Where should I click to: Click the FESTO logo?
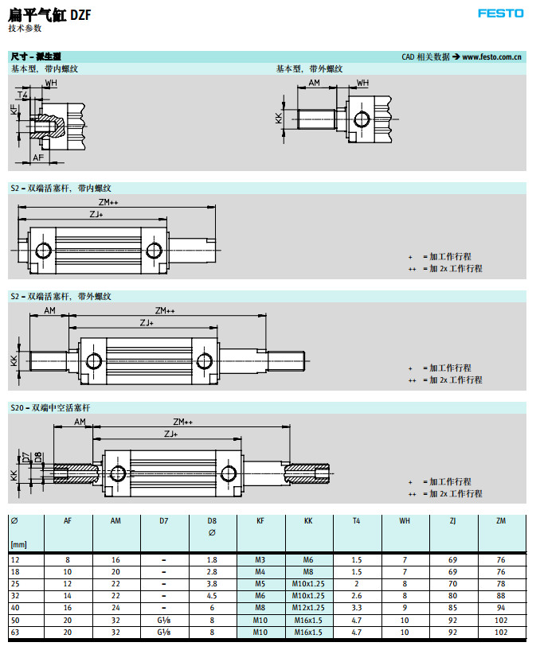[x=501, y=14]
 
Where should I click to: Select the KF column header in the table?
[x=260, y=520]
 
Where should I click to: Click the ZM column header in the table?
[x=500, y=520]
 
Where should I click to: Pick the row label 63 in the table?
[x=15, y=633]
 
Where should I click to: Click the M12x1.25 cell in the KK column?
[x=308, y=608]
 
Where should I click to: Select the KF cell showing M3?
[x=260, y=560]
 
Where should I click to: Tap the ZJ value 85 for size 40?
[x=453, y=608]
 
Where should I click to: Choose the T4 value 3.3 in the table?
[x=356, y=608]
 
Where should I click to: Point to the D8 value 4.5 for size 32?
[x=212, y=596]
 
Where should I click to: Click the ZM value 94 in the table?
[x=500, y=608]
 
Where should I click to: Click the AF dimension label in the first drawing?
[x=38, y=158]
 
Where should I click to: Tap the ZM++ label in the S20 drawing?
[x=182, y=422]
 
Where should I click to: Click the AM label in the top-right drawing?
[x=315, y=83]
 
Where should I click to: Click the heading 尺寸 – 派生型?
[x=36, y=57]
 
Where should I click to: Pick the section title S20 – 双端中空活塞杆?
[x=51, y=407]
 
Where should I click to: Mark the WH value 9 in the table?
[x=405, y=608]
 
